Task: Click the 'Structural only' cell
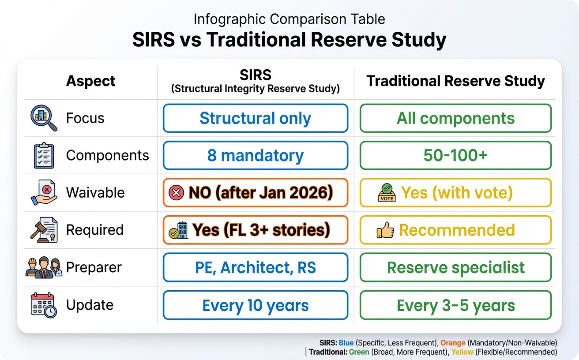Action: click(x=255, y=118)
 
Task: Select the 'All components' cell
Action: click(x=455, y=118)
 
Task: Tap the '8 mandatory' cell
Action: click(x=255, y=156)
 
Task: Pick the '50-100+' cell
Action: click(x=455, y=156)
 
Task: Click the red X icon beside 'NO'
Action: click(x=176, y=193)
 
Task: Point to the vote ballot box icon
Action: click(x=387, y=193)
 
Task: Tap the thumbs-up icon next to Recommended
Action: click(x=386, y=230)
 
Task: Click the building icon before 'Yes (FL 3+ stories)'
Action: click(x=178, y=230)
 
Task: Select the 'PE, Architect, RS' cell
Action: click(x=255, y=267)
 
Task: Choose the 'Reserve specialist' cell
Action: click(x=455, y=267)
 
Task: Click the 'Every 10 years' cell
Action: click(x=255, y=305)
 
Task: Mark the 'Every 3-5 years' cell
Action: click(x=455, y=305)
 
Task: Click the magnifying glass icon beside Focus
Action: click(x=44, y=118)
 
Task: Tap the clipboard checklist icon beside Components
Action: click(x=44, y=156)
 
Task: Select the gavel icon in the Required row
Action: click(x=44, y=229)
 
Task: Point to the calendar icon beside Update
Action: click(x=43, y=305)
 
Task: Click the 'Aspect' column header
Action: click(x=90, y=81)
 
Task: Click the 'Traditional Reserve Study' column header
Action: click(x=455, y=81)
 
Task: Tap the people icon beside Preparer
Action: click(x=44, y=267)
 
